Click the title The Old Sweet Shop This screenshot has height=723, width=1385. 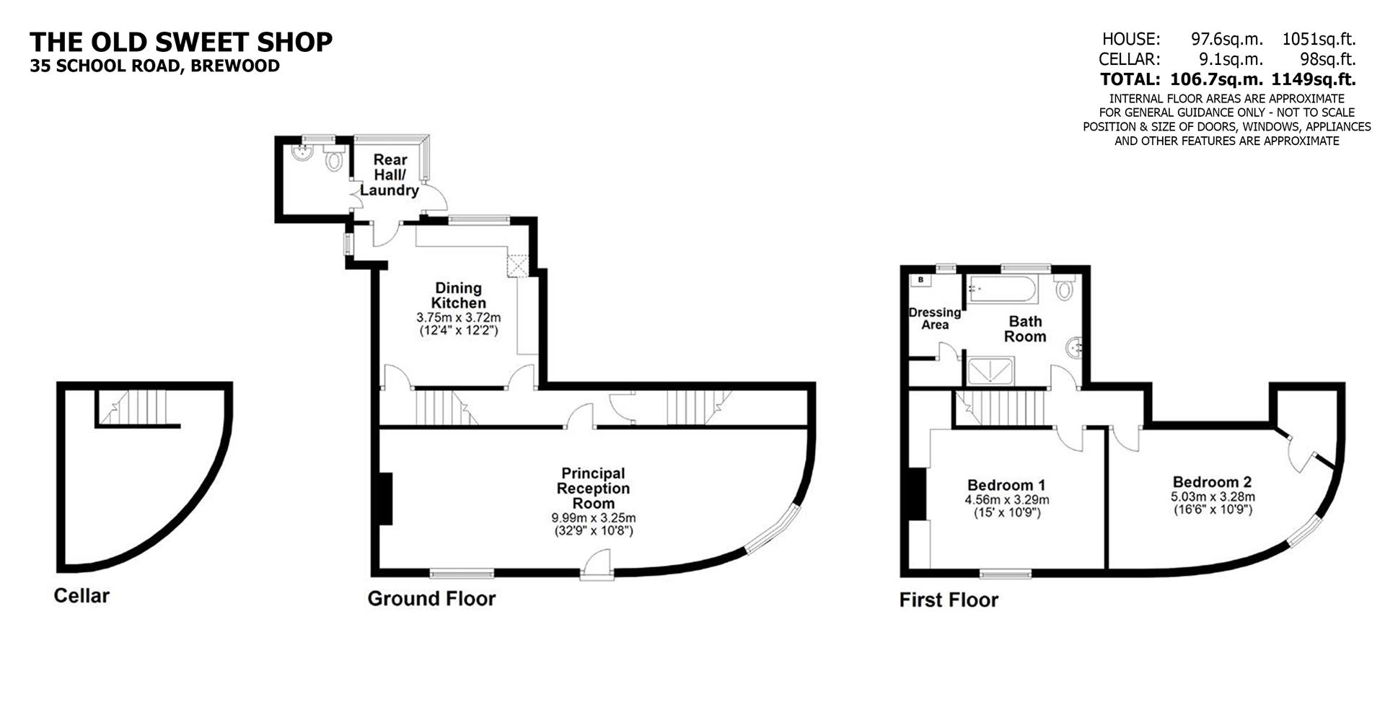pyautogui.click(x=181, y=42)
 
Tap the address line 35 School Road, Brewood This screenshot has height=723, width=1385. pyautogui.click(x=154, y=66)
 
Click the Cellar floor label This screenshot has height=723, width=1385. pyautogui.click(x=82, y=596)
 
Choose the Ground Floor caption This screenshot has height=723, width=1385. pyautogui.click(x=431, y=598)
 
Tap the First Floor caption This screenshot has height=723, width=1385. pyautogui.click(x=949, y=600)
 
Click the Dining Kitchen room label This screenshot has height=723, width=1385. pyautogui.click(x=458, y=296)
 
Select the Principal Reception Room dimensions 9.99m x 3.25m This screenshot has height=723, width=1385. pyautogui.click(x=593, y=518)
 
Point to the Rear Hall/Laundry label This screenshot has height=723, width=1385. pyautogui.click(x=390, y=175)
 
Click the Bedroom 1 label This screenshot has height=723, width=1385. pyautogui.click(x=1006, y=485)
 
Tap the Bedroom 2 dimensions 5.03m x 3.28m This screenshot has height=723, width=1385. pyautogui.click(x=1212, y=497)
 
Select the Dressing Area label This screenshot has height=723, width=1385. pyautogui.click(x=934, y=318)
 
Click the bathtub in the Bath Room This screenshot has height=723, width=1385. pyautogui.click(x=1003, y=289)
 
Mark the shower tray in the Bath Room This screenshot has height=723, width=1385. pyautogui.click(x=989, y=372)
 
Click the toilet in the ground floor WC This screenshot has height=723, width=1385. pyautogui.click(x=333, y=160)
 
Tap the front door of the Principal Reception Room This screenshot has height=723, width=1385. pyautogui.click(x=597, y=565)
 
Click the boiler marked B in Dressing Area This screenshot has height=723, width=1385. pyautogui.click(x=920, y=280)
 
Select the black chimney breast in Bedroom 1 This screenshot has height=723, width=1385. pyautogui.click(x=916, y=494)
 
